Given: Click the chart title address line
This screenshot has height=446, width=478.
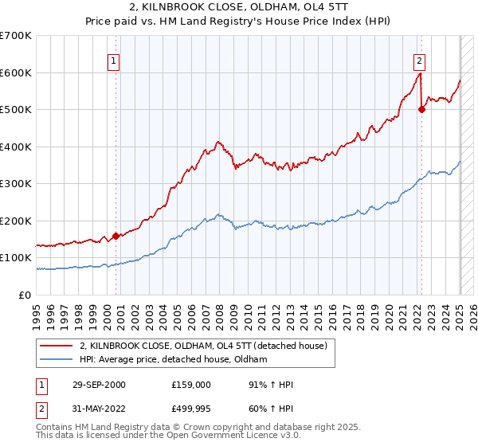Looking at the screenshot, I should [239, 8].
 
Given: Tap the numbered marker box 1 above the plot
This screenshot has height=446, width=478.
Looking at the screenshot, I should [114, 60].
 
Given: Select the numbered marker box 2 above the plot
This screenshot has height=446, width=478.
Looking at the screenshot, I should [419, 60].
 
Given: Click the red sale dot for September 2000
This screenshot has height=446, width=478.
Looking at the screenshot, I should [116, 236].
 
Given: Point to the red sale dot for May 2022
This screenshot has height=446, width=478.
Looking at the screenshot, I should [421, 110].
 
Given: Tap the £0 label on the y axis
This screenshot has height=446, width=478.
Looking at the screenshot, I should [25, 295].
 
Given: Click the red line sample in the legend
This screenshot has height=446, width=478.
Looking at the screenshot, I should [56, 346].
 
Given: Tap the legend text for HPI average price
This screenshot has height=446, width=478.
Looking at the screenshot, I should [173, 359].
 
